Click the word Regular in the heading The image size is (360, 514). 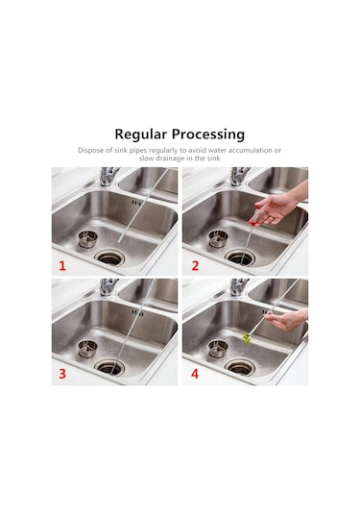point(141,135)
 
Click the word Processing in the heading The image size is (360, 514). point(208,135)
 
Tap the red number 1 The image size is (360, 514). point(62,265)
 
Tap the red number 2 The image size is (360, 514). point(195,265)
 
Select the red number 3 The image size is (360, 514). point(62,374)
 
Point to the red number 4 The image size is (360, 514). point(195,374)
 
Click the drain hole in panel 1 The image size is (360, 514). point(110,257)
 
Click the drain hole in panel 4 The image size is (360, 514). point(240,367)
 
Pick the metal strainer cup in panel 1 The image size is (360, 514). point(87,238)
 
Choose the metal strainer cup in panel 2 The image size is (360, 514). point(218,238)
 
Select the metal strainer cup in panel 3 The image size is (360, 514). point(87,348)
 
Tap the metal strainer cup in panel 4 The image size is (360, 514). point(218,348)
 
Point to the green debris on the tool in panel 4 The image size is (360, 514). point(247,337)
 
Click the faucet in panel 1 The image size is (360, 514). point(108,177)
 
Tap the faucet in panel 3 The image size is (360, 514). point(108,287)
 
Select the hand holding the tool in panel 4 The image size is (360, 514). point(288,321)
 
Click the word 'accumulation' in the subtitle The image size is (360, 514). point(251,151)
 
